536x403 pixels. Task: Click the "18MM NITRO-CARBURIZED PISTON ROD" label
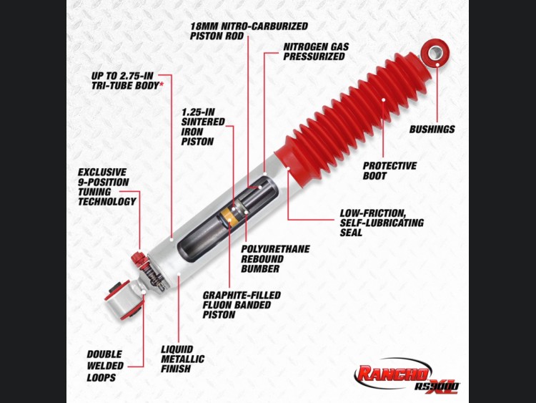(249, 31)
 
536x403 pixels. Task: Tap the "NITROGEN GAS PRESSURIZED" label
(316, 52)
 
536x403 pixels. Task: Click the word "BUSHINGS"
(432, 130)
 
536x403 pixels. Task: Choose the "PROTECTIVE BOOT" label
(389, 171)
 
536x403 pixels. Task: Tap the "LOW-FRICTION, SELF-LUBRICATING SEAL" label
(382, 223)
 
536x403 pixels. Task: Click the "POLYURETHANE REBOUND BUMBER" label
(275, 259)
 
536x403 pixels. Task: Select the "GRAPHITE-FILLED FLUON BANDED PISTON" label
(242, 305)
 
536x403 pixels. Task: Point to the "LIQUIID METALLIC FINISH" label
(182, 359)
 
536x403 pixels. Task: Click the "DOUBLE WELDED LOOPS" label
(105, 366)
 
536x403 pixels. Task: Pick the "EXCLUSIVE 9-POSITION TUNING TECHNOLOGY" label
(106, 187)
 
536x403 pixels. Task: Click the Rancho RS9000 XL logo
(407, 376)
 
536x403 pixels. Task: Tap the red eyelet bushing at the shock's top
(435, 53)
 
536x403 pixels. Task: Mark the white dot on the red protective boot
(384, 100)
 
